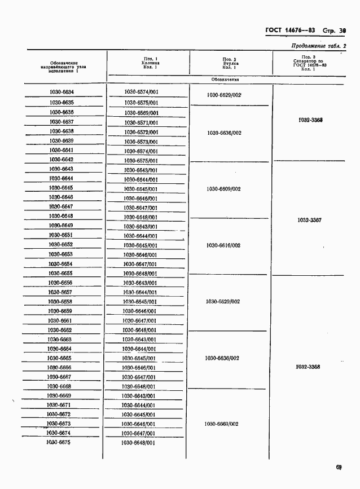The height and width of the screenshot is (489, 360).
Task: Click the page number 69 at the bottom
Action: point(339,467)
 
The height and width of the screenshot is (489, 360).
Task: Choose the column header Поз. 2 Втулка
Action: point(229,63)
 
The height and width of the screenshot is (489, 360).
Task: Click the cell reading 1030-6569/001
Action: point(141,113)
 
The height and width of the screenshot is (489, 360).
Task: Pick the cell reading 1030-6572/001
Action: point(141,132)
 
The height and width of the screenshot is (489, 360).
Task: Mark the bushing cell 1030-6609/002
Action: point(224,189)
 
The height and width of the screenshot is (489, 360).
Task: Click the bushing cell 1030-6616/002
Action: point(224,245)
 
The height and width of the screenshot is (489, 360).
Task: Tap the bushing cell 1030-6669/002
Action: point(222,424)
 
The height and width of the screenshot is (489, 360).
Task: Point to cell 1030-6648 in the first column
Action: point(61,216)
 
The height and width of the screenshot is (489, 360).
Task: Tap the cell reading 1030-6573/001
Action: point(141,142)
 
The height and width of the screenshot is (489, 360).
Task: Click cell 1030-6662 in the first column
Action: point(60,330)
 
